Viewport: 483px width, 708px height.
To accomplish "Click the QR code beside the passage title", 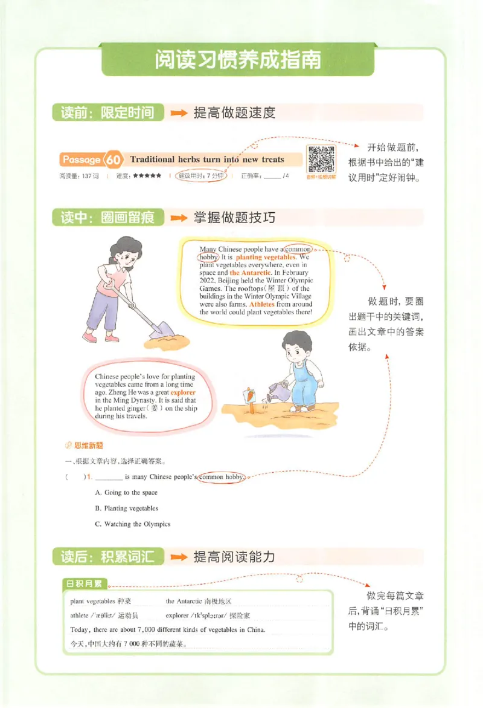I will [x=321, y=161].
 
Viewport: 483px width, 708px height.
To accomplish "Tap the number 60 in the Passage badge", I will [x=115, y=160].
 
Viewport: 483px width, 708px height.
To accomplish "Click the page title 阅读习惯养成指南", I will [x=237, y=60].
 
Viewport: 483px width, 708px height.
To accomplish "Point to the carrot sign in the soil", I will [x=249, y=396].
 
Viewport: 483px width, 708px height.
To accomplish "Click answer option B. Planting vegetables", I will [x=127, y=508].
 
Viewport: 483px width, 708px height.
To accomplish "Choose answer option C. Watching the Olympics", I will [x=133, y=524].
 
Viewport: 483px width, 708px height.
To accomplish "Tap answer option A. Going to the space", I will [x=126, y=493].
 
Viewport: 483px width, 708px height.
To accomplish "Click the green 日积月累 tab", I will [x=85, y=584].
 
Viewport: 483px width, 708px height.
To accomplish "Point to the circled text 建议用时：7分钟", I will [x=199, y=176].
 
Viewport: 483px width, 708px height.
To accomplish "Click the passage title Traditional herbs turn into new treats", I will [x=206, y=160].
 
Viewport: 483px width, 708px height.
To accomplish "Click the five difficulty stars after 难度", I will [x=147, y=176].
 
